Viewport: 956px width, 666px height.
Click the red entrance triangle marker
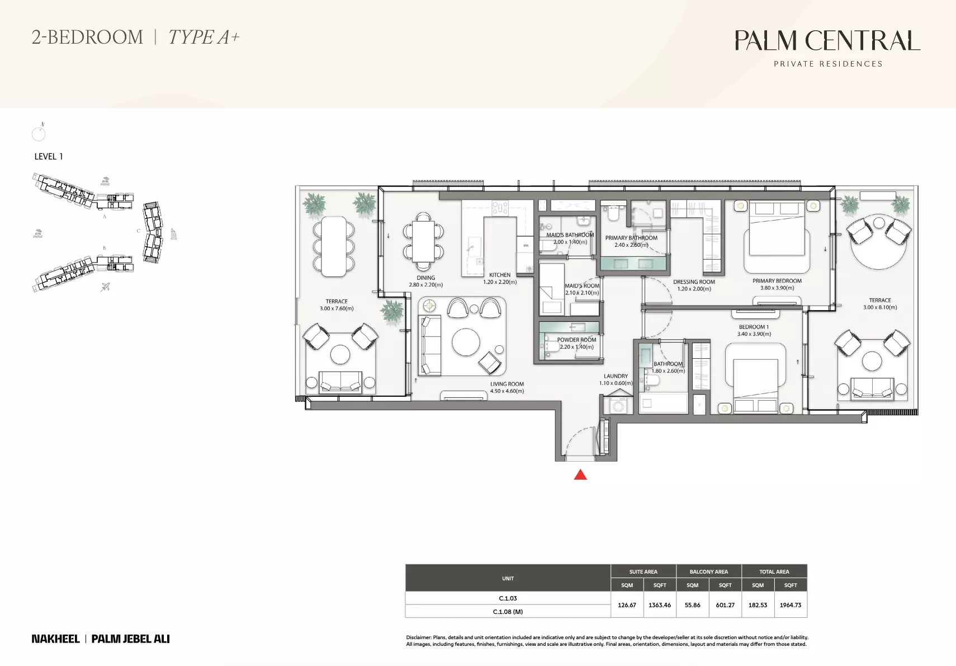(x=580, y=475)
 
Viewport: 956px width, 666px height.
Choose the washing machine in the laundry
(x=618, y=405)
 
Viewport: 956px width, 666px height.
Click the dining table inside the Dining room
(x=423, y=241)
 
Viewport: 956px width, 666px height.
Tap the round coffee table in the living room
(x=466, y=342)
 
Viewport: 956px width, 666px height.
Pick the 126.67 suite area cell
(x=627, y=605)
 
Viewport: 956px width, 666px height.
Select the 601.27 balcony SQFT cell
(x=725, y=605)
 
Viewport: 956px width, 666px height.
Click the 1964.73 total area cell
(x=791, y=605)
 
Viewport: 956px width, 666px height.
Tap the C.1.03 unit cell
(x=508, y=598)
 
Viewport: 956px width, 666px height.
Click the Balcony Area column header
(x=709, y=571)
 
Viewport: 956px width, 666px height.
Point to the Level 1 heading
(x=49, y=157)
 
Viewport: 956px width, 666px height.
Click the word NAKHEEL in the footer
(x=55, y=639)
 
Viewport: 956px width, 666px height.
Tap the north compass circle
(x=39, y=134)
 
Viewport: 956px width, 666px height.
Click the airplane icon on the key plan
(x=105, y=287)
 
